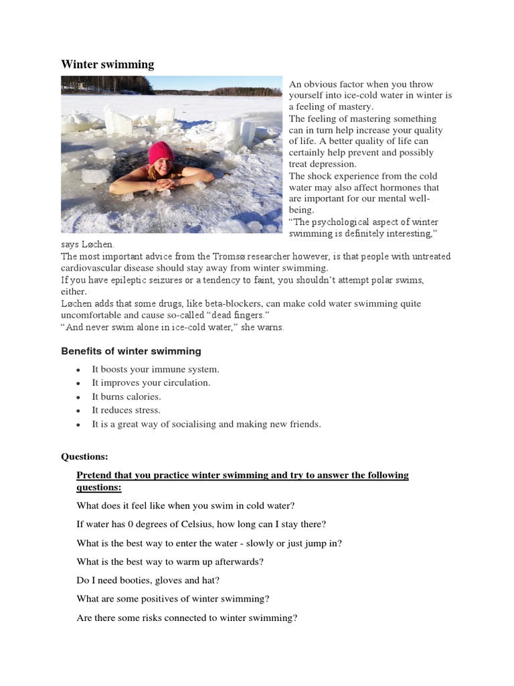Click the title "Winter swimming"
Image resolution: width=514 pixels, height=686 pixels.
(x=108, y=64)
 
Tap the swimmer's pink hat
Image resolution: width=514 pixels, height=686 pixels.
(x=161, y=153)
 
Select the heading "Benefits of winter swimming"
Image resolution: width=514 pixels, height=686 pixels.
(x=131, y=351)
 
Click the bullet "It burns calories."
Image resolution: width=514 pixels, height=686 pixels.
(x=126, y=397)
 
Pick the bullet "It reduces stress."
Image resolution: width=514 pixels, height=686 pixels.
(x=126, y=410)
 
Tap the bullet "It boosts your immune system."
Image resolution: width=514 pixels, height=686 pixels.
(x=155, y=369)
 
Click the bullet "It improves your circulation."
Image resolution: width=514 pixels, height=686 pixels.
(x=151, y=383)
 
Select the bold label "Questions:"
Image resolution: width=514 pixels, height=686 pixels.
(x=84, y=457)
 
